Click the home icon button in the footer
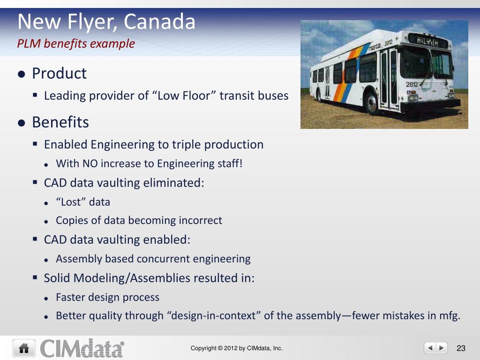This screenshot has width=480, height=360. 24,348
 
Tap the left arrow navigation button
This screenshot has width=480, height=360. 430,348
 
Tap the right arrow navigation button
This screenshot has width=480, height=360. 442,348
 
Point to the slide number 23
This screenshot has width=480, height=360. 461,348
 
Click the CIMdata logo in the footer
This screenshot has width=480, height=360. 82,348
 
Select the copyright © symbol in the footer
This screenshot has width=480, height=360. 220,348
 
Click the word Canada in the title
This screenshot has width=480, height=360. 159,22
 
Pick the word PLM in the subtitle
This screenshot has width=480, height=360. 29,44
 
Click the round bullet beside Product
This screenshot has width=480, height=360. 22,74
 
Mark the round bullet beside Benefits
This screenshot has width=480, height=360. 22,123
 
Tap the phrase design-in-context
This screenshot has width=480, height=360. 213,315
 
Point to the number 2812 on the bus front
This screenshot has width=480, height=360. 412,84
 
